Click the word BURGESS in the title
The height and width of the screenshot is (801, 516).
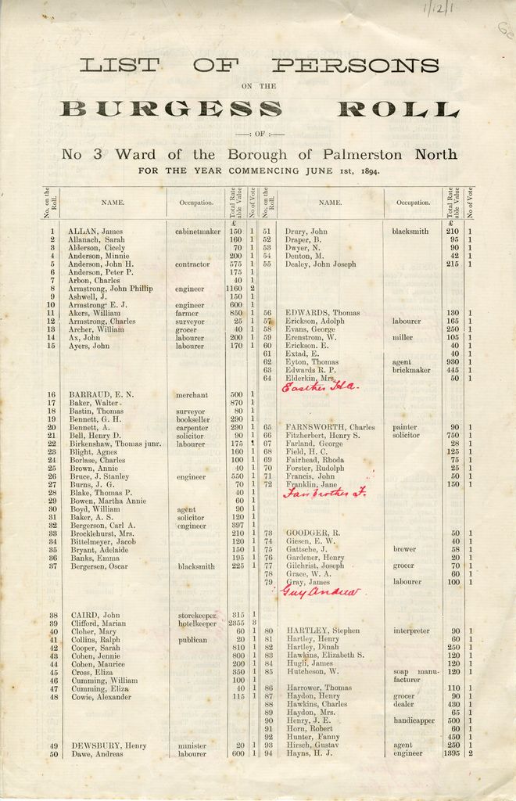point(171,109)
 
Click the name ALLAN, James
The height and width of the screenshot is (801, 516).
point(95,232)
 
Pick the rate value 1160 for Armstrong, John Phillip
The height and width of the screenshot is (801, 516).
point(235,289)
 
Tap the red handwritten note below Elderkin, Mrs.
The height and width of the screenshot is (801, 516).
point(319,387)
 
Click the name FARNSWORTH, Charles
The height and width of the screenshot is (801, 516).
point(331,427)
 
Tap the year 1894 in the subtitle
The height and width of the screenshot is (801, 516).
point(365,171)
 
